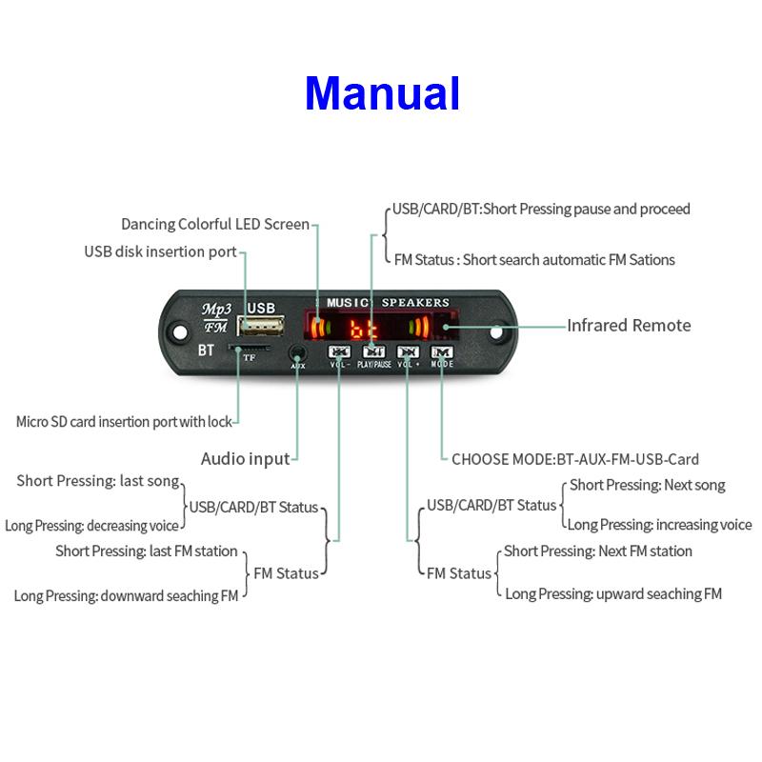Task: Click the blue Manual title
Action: pyautogui.click(x=382, y=93)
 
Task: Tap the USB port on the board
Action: pyautogui.click(x=262, y=328)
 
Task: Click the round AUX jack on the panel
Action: pyautogui.click(x=297, y=352)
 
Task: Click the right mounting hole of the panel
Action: pyautogui.click(x=497, y=333)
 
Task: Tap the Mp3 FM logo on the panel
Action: pyautogui.click(x=215, y=317)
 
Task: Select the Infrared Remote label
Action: pyautogui.click(x=629, y=326)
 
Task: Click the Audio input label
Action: pyautogui.click(x=245, y=459)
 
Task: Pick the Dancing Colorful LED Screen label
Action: pyautogui.click(x=215, y=225)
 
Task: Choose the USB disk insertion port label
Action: pyautogui.click(x=160, y=251)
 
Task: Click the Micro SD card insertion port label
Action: pyautogui.click(x=125, y=421)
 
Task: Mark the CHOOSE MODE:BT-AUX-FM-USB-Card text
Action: pyautogui.click(x=574, y=459)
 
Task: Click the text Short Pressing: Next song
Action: pyautogui.click(x=647, y=486)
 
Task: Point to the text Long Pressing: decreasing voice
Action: pyautogui.click(x=91, y=525)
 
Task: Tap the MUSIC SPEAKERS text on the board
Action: pyautogui.click(x=388, y=302)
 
